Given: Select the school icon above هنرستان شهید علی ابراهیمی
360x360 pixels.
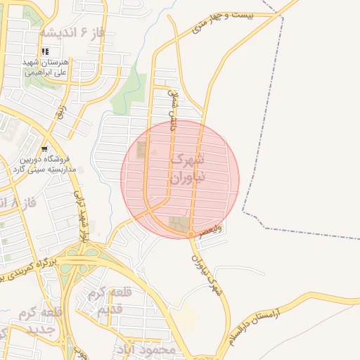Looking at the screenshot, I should pos(46,51).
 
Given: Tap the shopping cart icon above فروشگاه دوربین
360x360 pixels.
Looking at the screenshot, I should pos(45,148).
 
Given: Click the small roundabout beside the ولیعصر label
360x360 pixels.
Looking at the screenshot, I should pos(191,235).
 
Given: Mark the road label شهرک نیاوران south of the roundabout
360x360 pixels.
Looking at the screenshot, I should pos(207,271).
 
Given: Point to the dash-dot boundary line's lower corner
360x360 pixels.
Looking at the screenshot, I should pos(243,211).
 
